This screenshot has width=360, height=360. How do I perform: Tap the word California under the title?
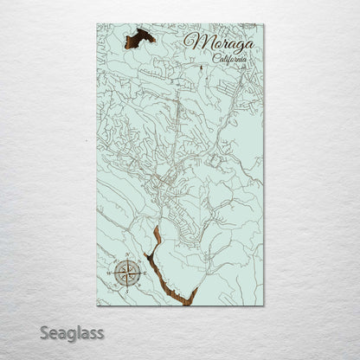pos(227,59)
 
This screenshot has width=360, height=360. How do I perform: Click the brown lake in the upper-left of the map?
pos(139,37)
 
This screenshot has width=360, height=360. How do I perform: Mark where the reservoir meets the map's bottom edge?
pos(189,304)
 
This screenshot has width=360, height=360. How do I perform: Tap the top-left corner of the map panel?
pos(97,24)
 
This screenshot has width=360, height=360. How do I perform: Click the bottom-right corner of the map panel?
pos(264,305)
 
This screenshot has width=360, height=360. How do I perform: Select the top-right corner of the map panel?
pos(264,24)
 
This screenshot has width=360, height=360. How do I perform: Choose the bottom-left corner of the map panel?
pos(97,305)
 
